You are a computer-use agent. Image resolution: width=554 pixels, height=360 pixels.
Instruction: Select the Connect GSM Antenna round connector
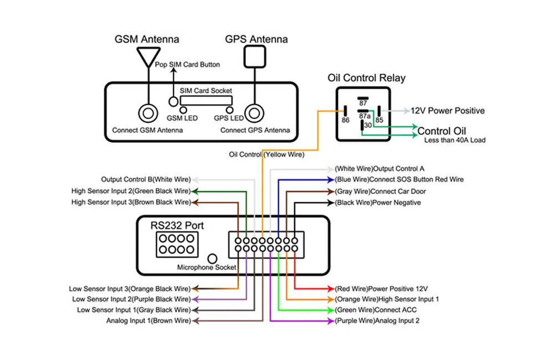tap(148, 114)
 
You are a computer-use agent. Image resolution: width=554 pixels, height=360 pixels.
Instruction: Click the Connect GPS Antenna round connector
tap(254, 114)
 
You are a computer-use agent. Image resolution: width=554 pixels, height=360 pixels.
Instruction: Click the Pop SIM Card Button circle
tap(174, 101)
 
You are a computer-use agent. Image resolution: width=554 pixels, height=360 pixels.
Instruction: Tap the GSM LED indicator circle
tap(182, 110)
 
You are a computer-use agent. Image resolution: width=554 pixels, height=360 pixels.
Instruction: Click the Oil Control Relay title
tap(366, 78)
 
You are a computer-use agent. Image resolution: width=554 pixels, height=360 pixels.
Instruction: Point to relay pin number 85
tap(379, 119)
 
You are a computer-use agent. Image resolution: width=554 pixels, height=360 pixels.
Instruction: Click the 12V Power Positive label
tap(447, 111)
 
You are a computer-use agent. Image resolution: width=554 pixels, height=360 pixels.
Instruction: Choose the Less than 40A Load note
tap(454, 141)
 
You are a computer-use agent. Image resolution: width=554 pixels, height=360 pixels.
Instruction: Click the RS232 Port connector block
tap(175, 244)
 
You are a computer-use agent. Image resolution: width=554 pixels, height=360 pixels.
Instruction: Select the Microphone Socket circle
tap(212, 259)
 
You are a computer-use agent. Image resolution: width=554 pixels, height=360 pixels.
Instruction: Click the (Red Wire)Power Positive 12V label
tap(381, 289)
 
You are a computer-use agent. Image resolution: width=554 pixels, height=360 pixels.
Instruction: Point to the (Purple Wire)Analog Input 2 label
tap(377, 321)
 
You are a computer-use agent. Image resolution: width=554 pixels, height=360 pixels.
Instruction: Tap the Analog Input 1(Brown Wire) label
tap(148, 321)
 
